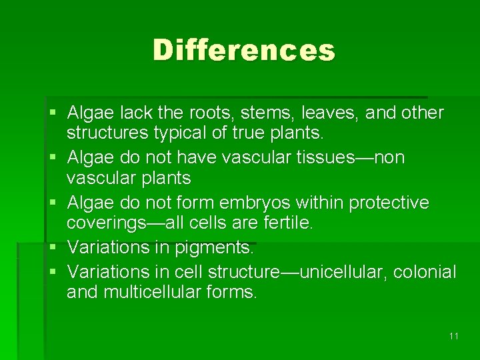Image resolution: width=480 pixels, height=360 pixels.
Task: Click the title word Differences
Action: (x=243, y=50)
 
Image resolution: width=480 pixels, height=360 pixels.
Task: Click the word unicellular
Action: (x=343, y=272)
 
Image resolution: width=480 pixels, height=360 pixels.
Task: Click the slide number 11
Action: (x=454, y=336)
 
